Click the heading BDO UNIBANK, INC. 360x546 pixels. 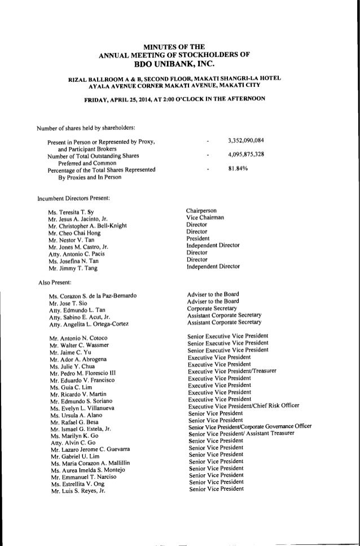[179, 64]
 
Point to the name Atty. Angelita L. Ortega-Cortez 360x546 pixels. [89, 323]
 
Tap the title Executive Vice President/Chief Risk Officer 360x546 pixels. [244, 406]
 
